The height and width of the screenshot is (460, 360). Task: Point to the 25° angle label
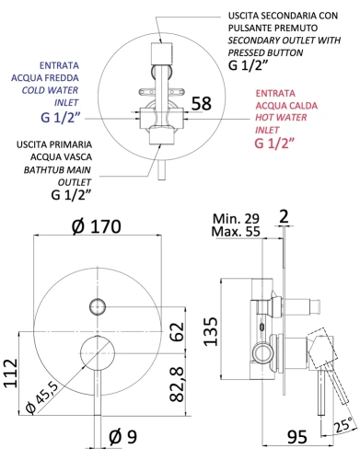(342, 426)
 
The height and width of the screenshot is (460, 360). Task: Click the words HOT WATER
(278, 117)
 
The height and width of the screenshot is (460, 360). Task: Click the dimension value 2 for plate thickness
(285, 217)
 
